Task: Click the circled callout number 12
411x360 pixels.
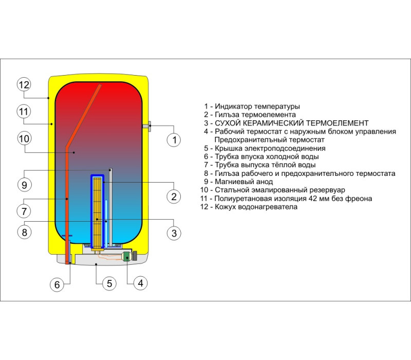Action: pos(24,84)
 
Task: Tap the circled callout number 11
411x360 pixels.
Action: pos(24,112)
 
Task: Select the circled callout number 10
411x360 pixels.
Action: pos(24,138)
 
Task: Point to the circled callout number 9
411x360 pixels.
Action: pos(24,185)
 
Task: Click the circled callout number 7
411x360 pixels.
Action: pos(24,211)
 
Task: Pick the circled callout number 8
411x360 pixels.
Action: pos(24,232)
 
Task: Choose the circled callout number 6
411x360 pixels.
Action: pos(57,284)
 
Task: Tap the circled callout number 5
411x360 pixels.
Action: pos(109,283)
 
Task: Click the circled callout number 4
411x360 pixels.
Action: pos(141,283)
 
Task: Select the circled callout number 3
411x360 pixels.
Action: pos(174,233)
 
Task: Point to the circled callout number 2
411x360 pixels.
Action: pos(174,196)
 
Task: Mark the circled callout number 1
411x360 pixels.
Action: pos(174,139)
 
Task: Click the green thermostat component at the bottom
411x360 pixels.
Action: pos(127,256)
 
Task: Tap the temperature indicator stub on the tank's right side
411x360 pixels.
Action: pos(147,126)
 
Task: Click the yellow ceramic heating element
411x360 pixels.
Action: pos(97,212)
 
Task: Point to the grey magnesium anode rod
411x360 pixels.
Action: pos(110,207)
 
